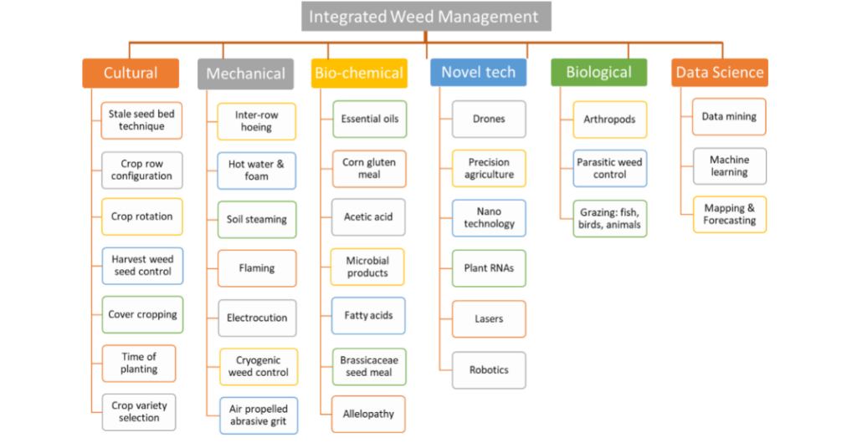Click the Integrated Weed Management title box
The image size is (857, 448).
tap(425, 17)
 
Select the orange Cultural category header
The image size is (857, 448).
tap(131, 73)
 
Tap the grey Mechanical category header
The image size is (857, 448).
tap(245, 74)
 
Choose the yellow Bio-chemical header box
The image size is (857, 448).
tap(359, 74)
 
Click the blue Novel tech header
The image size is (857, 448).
tap(478, 73)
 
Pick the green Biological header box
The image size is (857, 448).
tap(598, 73)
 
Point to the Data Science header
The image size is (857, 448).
tap(720, 73)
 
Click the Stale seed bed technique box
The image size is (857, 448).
tap(141, 120)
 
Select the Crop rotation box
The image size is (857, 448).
tap(141, 216)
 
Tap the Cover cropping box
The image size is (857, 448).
tap(141, 315)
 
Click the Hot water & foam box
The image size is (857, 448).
tap(256, 171)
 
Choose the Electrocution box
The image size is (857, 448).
tap(256, 318)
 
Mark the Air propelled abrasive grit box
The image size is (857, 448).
tap(258, 415)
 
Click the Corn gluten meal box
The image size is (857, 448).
tap(369, 168)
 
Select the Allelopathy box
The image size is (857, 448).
tap(368, 414)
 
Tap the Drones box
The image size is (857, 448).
tap(489, 120)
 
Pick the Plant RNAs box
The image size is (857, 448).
tap(489, 268)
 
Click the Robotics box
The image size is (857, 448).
tap(489, 369)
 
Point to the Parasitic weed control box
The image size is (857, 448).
tap(610, 168)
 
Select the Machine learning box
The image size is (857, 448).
tap(729, 166)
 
